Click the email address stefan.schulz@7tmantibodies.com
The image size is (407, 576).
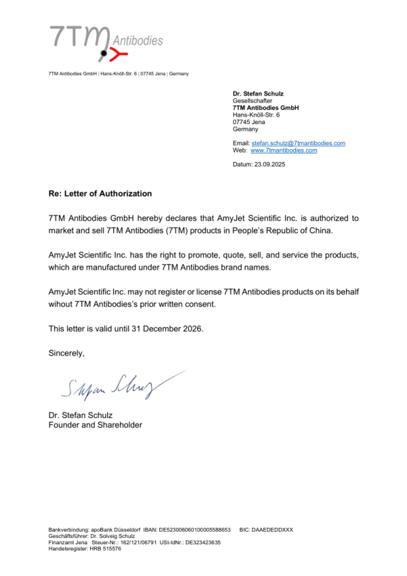click(298, 143)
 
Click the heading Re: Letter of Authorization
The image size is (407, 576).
click(100, 193)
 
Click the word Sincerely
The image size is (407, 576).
click(66, 353)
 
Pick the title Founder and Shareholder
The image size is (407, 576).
click(95, 425)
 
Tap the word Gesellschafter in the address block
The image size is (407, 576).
click(252, 100)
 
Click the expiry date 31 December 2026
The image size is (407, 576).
click(163, 329)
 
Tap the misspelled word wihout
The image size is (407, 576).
click(62, 305)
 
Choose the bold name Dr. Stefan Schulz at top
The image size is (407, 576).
click(258, 93)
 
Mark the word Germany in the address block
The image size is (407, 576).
click(246, 129)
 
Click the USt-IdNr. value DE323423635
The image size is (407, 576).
click(203, 542)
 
